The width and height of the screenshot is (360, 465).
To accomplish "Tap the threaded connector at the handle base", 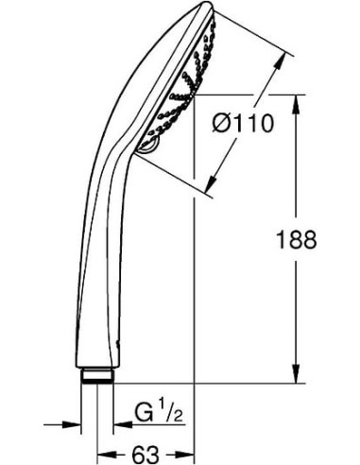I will tap(96, 376).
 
